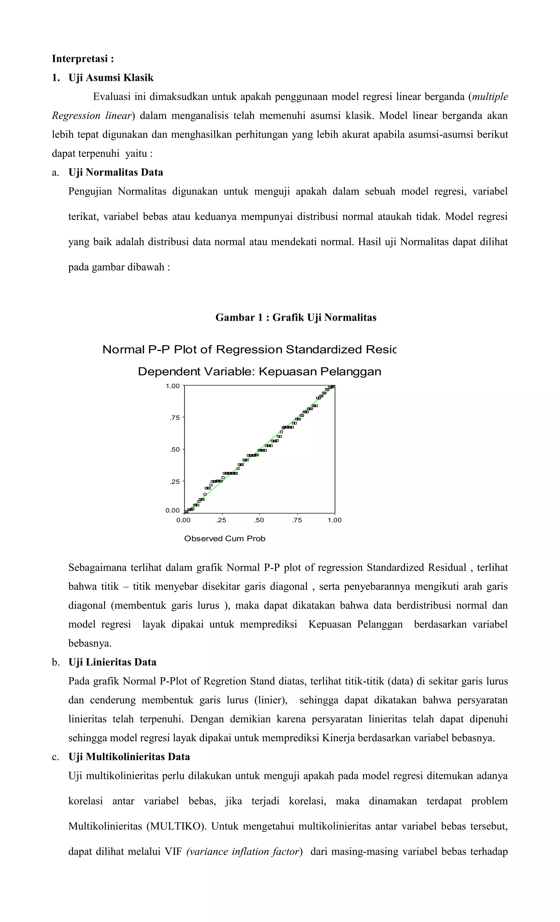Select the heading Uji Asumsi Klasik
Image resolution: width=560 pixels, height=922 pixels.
pos(111,78)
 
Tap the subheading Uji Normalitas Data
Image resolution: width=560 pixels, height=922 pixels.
pos(116,172)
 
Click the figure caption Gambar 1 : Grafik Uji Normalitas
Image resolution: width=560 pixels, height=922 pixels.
pos(296,318)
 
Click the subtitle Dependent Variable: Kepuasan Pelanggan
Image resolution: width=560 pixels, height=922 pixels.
pos(259,372)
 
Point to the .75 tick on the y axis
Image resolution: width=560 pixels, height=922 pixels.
pos(175,418)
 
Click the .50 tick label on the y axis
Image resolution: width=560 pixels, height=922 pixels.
pos(175,450)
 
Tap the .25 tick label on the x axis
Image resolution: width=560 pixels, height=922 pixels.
pos(221,520)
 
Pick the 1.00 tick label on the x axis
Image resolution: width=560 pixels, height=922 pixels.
pos(334,520)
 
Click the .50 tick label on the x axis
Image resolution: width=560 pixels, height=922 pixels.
pos(259,520)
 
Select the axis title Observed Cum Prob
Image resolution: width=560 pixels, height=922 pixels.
pos(224,539)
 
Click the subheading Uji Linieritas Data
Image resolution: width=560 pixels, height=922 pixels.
pos(112,662)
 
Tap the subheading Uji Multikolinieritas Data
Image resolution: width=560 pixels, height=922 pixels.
pos(129,757)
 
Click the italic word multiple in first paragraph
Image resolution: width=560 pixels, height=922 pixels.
pos(490,97)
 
